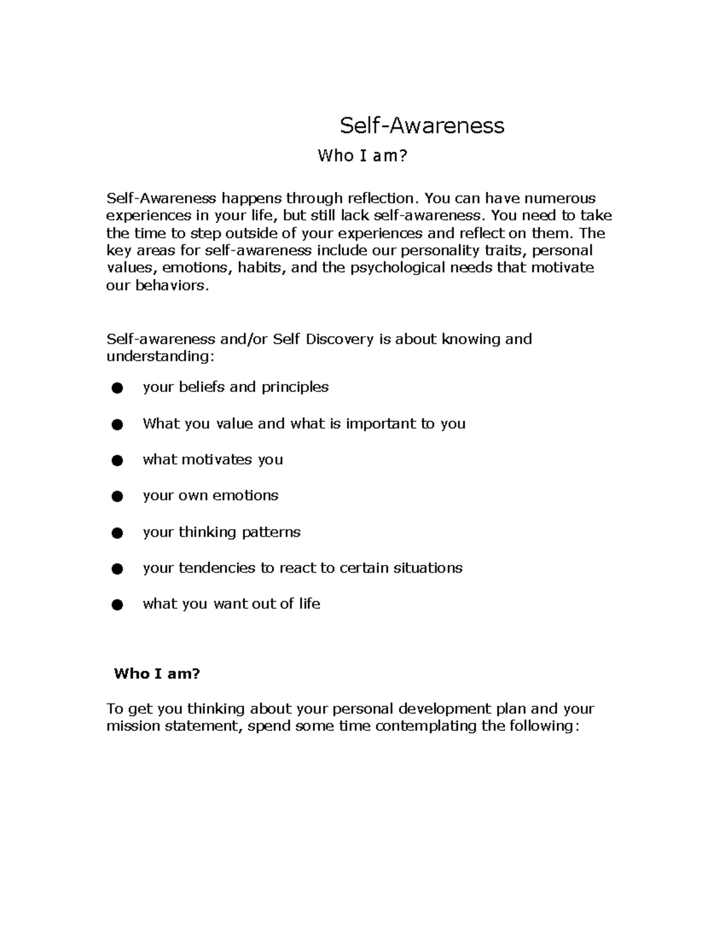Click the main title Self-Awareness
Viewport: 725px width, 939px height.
tap(422, 126)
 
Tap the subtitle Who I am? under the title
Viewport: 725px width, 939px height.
tap(362, 156)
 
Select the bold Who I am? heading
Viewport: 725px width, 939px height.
tap(156, 674)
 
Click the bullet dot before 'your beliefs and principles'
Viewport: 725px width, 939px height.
tap(117, 388)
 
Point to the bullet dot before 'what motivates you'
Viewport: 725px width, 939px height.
tap(117, 461)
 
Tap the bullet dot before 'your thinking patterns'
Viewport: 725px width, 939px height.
tap(117, 533)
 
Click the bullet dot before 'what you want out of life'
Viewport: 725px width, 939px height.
tap(117, 605)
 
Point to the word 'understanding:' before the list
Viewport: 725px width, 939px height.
tap(160, 357)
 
